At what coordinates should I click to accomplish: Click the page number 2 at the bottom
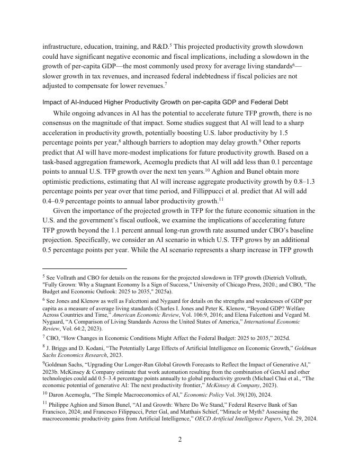click(179, 439)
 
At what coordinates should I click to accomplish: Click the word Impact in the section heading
click(52, 102)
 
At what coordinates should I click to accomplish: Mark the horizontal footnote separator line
click(85, 268)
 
